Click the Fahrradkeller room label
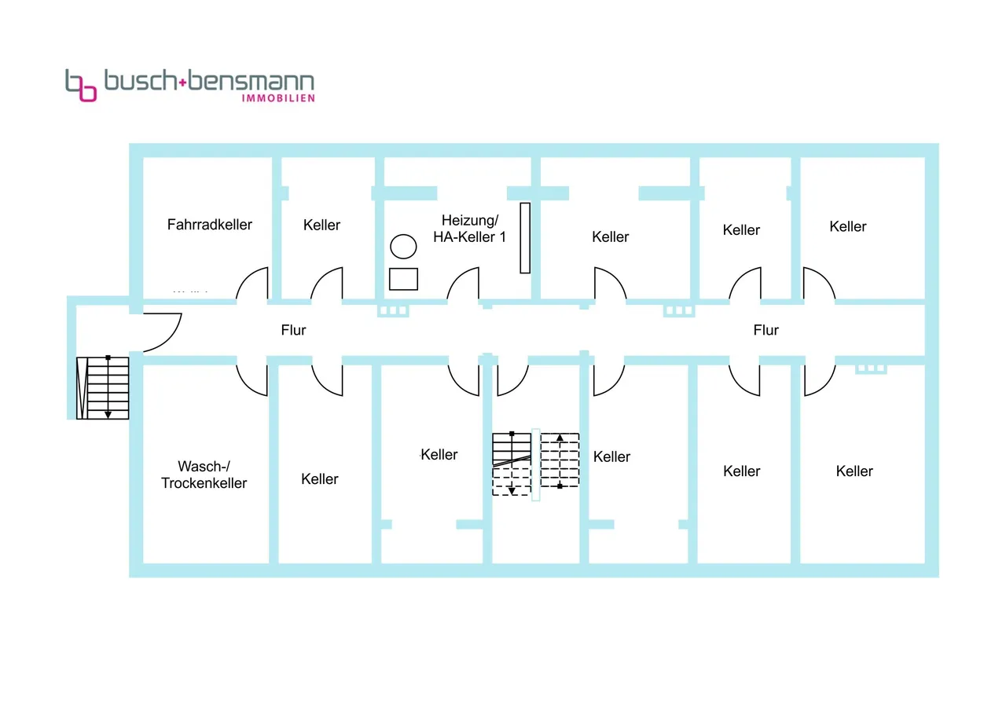[210, 225]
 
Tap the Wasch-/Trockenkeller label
[204, 475]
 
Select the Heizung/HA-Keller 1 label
[469, 229]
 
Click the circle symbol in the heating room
[404, 247]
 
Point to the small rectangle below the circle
[404, 279]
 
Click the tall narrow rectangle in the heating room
[525, 238]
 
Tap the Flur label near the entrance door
[293, 331]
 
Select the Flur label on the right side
[766, 330]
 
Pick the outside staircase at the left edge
[103, 388]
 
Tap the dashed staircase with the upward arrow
[560, 460]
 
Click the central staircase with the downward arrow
[512, 463]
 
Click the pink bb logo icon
[81, 86]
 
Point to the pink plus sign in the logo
[183, 82]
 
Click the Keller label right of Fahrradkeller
[321, 225]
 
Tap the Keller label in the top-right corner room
[847, 227]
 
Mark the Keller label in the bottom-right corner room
[854, 471]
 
